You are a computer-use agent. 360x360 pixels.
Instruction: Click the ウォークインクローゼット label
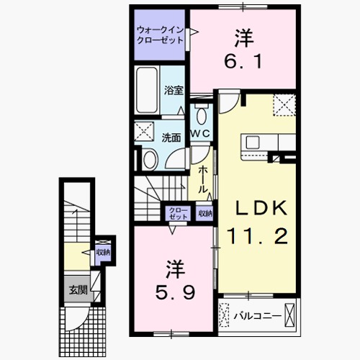point(159,35)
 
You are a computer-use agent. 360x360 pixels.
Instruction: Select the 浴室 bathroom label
point(172,91)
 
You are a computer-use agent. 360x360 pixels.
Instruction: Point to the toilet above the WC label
point(202,114)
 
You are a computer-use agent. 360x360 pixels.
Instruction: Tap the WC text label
point(200,135)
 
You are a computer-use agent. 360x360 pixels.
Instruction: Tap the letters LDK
point(263,209)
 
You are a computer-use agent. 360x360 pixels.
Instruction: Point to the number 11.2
point(258,234)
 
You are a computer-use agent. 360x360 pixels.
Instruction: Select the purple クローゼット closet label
point(178,214)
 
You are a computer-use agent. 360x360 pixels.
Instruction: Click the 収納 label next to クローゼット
point(205,214)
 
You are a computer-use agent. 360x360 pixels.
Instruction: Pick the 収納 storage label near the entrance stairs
point(103,252)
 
